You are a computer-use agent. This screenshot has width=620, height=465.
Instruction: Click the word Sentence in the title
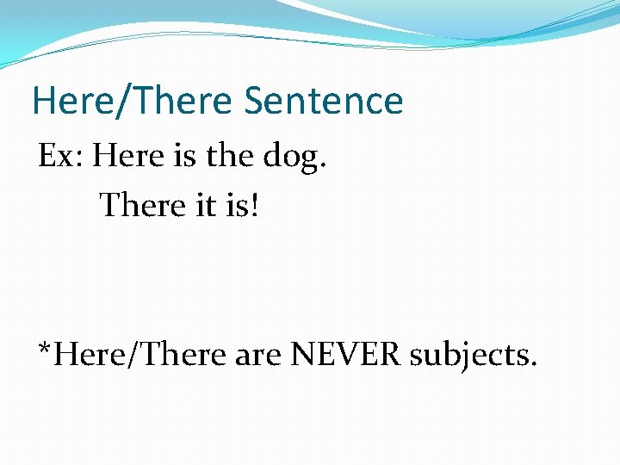(323, 101)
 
